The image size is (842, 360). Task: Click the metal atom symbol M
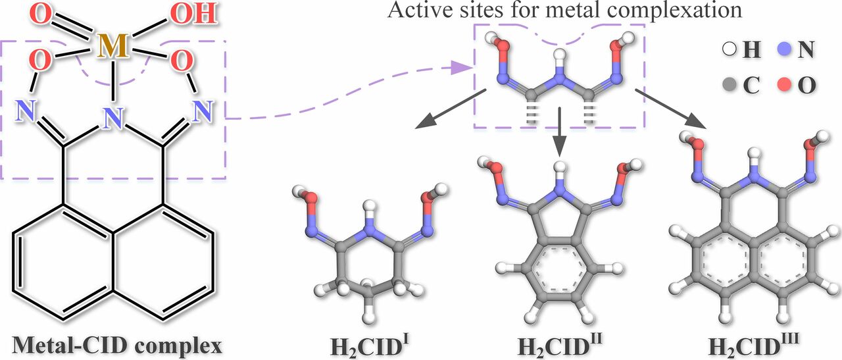[x=112, y=47]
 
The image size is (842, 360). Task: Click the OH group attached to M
[x=193, y=14]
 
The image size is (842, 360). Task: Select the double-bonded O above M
[x=40, y=14]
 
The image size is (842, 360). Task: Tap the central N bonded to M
[x=114, y=117]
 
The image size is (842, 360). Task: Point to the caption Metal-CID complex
[x=117, y=346]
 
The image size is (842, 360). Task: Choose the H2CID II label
[x=560, y=347]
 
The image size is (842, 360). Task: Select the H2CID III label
[x=753, y=347]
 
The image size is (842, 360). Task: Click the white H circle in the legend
[x=730, y=49]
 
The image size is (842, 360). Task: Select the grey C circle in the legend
[x=730, y=86]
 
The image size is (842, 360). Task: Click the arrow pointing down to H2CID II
[x=560, y=132]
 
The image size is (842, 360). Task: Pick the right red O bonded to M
[x=182, y=60]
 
